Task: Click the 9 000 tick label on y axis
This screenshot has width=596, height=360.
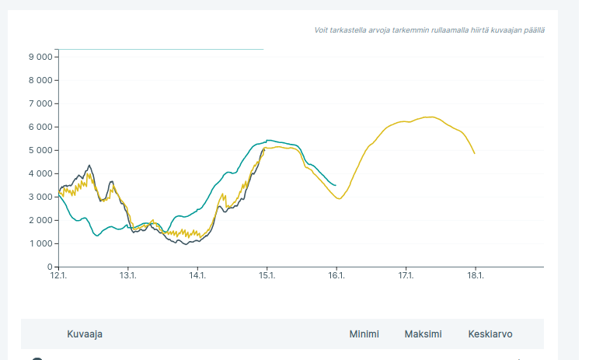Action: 39,57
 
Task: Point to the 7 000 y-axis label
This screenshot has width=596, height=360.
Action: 39,103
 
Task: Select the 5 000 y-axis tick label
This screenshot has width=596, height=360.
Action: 39,150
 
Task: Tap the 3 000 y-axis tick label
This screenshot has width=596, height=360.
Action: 39,197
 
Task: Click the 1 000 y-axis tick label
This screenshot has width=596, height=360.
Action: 39,243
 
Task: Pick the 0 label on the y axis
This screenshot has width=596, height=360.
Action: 49,267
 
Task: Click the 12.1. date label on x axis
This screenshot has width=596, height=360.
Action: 59,275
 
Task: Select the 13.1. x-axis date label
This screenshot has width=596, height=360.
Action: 128,275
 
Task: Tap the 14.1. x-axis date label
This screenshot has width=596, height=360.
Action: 197,275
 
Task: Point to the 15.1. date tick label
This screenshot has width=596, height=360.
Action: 267,275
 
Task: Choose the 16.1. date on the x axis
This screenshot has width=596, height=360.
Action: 336,275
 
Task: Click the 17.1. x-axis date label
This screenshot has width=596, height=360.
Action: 406,275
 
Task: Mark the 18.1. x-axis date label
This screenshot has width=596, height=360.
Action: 475,275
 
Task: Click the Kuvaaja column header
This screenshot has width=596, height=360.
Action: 85,334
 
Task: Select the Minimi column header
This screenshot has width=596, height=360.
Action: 364,334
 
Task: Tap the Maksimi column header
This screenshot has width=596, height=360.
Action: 423,334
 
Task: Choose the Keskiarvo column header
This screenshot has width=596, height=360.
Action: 490,334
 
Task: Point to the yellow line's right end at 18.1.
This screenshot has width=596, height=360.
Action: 474,153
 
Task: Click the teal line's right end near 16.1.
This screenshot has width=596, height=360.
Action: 336,185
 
